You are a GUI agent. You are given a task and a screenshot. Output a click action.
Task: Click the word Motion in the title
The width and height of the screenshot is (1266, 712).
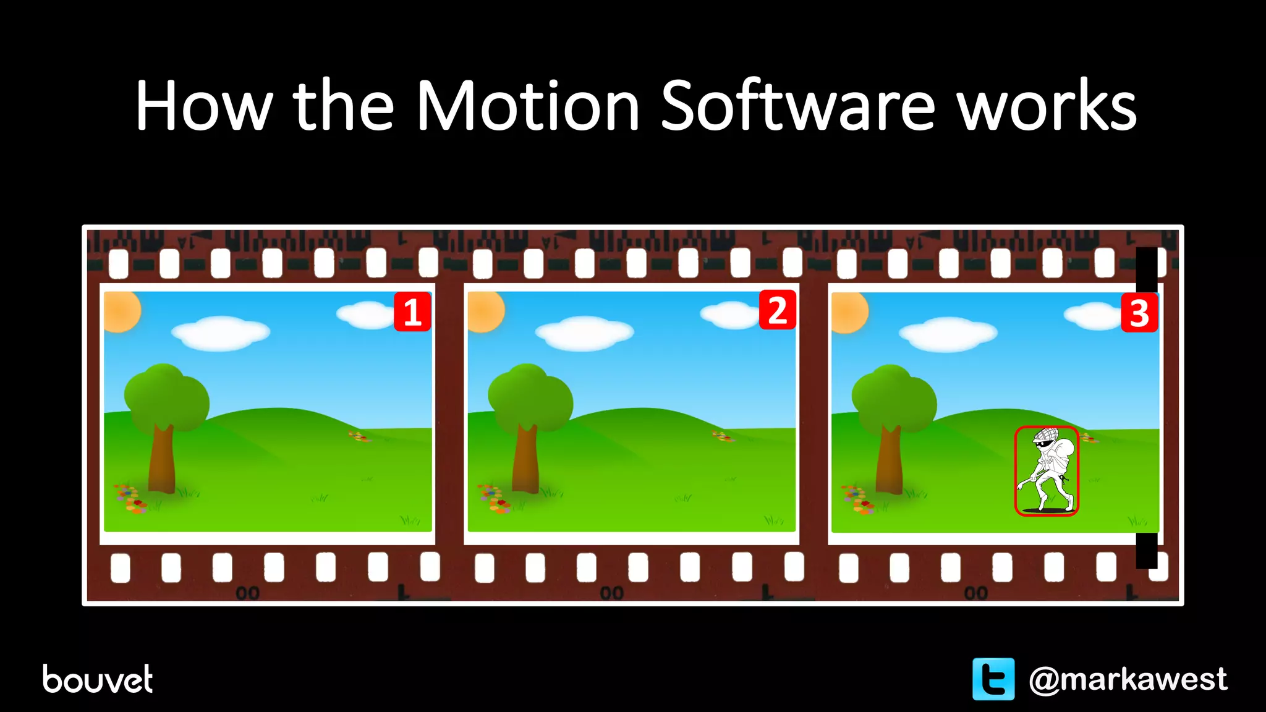527,106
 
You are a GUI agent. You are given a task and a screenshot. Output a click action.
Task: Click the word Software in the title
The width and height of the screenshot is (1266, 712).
797,106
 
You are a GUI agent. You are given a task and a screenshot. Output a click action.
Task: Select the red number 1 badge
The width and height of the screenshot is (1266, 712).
412,312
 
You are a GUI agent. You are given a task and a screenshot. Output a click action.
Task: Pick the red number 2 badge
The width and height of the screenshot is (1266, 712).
777,310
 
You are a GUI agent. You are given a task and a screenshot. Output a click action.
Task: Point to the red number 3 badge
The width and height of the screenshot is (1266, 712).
1139,313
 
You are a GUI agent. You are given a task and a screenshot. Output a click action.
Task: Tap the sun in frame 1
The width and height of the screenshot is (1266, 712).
121,311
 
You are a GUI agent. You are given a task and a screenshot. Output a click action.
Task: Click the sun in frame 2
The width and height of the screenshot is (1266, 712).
485,311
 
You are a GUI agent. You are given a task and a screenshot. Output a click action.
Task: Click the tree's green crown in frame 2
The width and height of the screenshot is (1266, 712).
530,396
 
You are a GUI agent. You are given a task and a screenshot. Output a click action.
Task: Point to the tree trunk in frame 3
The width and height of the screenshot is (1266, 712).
890,460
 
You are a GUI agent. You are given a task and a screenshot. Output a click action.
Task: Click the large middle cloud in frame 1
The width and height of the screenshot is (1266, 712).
221,333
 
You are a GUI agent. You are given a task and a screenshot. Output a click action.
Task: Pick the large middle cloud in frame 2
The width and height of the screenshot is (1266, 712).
584,333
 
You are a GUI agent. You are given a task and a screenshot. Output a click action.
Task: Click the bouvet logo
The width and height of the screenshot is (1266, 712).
98,679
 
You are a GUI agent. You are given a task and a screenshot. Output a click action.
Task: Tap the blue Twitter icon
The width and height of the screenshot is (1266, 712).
993,679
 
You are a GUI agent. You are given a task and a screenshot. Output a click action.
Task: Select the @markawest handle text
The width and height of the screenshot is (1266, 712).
1128,679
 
